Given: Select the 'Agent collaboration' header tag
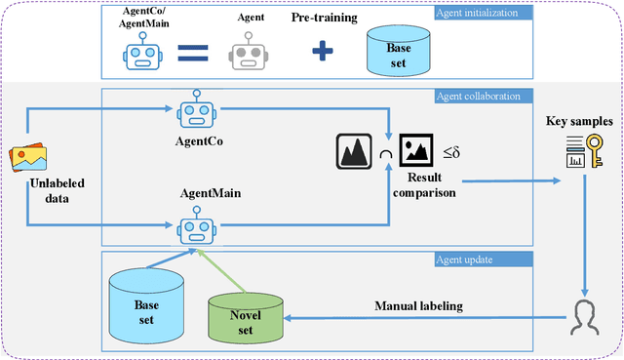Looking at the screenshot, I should [478, 96].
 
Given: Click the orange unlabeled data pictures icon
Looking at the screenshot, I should [28, 156].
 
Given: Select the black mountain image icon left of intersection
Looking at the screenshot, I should [354, 149].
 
